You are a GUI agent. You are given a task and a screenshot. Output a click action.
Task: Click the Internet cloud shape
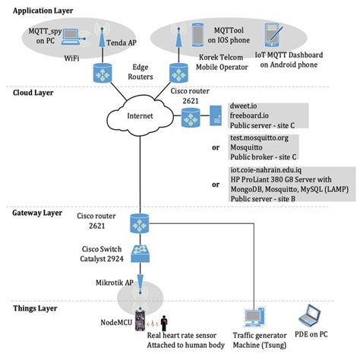point(136,118)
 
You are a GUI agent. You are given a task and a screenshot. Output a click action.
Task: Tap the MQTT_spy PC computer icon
point(71,35)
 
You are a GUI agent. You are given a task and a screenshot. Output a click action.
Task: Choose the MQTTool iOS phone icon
point(198,34)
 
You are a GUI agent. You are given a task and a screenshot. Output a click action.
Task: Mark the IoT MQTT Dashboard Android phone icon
point(272,34)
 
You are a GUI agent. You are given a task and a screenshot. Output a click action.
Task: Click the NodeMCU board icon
point(138,318)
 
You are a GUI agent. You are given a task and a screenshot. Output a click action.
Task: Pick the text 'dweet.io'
point(245,107)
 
